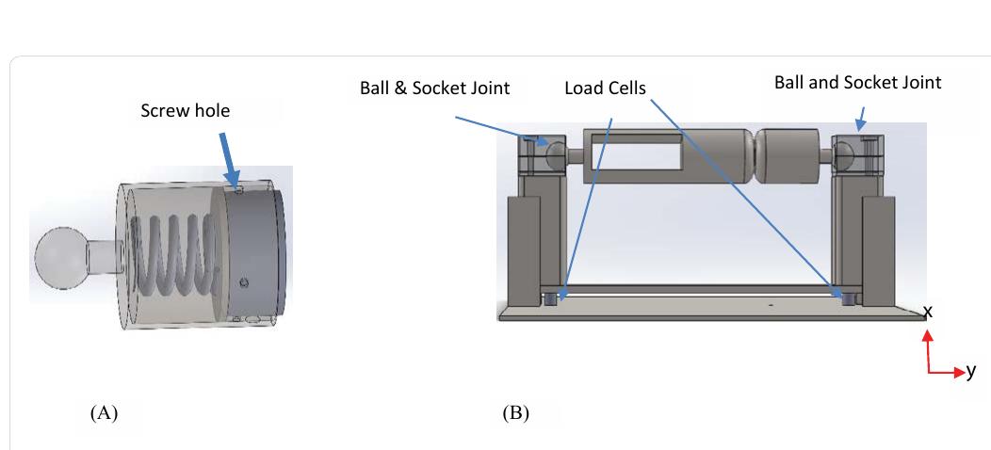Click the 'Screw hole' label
185,111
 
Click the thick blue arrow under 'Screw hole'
228,156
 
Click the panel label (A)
104,412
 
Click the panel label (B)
515,412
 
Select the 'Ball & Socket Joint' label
434,88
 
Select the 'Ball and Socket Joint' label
857,83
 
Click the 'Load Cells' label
605,88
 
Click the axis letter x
928,311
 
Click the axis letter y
971,371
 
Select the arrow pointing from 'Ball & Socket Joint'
498,130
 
